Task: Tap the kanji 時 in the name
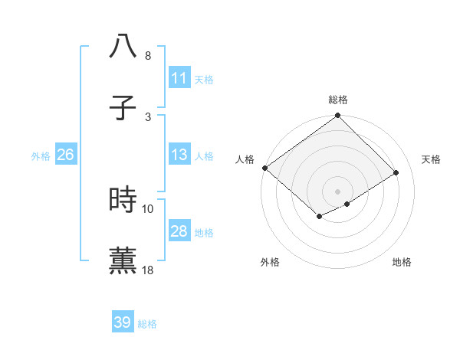coord(123,199)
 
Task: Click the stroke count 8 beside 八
coord(147,56)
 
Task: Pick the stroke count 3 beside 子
coord(147,116)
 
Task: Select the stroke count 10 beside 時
coord(148,208)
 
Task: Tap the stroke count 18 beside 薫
coord(148,270)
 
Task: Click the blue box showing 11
coord(179,78)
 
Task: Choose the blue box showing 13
coord(179,155)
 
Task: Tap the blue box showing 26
coord(65,155)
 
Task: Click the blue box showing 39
coord(123,322)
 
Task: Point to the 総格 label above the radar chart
coord(338,100)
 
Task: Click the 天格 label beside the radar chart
coord(432,159)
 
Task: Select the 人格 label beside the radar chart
coord(245,159)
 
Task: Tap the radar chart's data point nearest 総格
coord(337,116)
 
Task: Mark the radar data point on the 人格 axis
coord(264,168)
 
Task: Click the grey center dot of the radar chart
coord(337,191)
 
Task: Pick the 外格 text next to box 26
coord(41,155)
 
